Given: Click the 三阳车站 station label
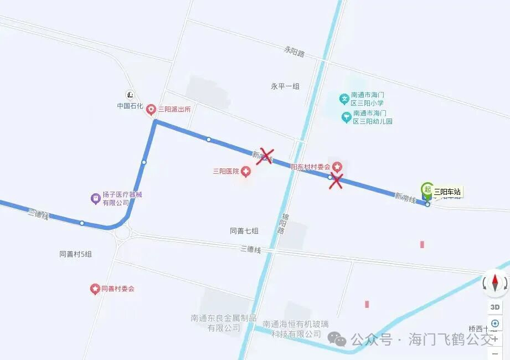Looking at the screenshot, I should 447,192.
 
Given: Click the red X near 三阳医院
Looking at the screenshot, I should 265,156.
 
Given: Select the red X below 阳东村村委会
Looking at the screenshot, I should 335,181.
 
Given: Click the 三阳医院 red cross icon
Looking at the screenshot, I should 245,172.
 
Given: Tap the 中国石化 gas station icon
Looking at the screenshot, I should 130,94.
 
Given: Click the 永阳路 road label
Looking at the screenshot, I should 294,53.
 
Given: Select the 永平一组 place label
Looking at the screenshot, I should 285,86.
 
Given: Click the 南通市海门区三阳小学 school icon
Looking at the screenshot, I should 344,99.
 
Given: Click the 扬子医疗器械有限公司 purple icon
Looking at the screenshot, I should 95,198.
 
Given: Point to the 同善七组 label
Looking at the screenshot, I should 244,231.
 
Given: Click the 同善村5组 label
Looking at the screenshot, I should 75,254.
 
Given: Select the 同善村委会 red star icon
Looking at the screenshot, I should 95,289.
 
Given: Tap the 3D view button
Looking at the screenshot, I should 494,307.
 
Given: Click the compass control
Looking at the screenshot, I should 494,284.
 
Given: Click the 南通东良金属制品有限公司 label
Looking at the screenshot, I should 224,323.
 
